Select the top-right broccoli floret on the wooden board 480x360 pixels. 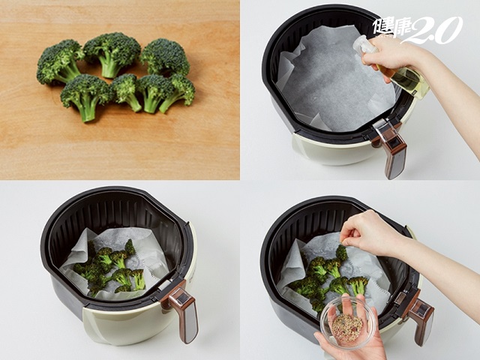pos(164,56)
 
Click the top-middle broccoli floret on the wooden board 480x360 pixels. pos(112,52)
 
